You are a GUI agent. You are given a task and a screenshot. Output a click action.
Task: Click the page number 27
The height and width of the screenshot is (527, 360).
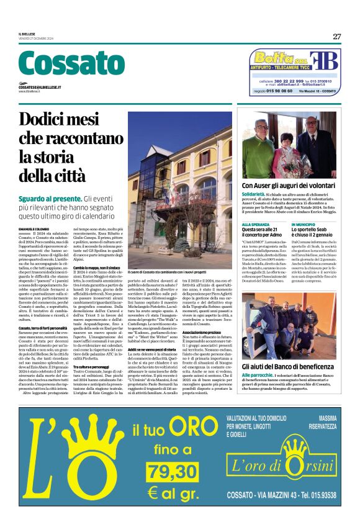[x=336, y=37]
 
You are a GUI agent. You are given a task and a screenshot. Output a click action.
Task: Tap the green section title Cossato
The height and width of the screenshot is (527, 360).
[x=63, y=64]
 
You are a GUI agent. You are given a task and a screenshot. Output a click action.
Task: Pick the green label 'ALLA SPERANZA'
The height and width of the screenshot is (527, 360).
[x=255, y=224]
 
